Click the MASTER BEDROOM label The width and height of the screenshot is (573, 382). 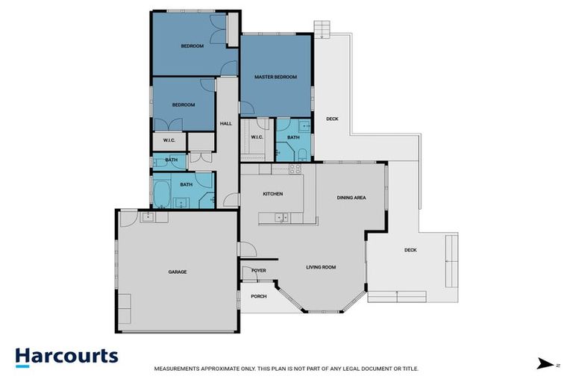pos(275,77)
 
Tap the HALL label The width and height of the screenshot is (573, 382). pos(225,123)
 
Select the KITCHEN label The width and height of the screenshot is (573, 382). pos(272,194)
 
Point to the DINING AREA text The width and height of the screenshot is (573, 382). pos(351,198)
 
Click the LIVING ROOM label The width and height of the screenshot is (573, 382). pos(322,267)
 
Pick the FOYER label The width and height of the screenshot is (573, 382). pos(258,271)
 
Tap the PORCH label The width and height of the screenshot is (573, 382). pos(258,296)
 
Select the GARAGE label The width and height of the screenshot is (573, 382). pos(177,272)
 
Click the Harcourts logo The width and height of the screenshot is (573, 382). pos(66,356)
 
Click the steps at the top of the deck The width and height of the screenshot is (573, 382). pos(322,29)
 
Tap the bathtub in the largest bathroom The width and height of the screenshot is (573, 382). pos(162,191)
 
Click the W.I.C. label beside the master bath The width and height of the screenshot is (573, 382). pos(257,137)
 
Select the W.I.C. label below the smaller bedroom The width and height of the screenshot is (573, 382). pos(169,140)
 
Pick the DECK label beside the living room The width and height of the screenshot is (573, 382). pos(410,250)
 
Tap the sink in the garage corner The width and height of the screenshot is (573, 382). pos(147,216)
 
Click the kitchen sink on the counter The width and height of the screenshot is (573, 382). pos(281,217)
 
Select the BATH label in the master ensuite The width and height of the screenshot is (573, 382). pos(293,137)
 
